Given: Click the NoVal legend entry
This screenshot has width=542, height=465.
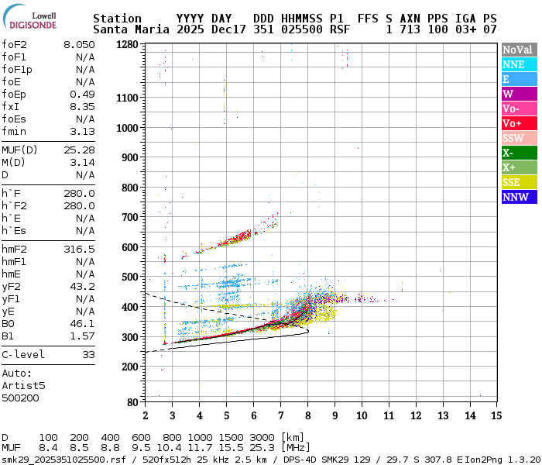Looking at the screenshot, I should click(519, 50).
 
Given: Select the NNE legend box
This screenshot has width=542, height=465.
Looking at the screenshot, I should click(519, 64).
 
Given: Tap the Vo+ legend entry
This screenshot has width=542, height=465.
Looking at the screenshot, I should click(519, 123).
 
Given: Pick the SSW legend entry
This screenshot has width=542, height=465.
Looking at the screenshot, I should click(519, 138).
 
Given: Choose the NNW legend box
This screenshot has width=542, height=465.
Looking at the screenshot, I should click(519, 197).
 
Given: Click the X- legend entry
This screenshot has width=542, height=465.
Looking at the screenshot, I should click(519, 153).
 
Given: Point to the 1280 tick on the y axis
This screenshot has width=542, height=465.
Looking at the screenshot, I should click(127, 45).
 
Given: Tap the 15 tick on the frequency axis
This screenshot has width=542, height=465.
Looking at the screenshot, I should click(496, 415).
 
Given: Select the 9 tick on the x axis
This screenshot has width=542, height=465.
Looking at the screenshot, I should click(334, 415).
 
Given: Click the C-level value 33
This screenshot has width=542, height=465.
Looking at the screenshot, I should click(88, 354).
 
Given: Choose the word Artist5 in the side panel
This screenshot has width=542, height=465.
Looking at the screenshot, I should click(23, 385).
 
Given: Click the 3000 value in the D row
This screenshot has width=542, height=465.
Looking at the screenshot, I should click(262, 438).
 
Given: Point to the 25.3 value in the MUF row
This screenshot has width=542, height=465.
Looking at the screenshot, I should click(262, 448).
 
